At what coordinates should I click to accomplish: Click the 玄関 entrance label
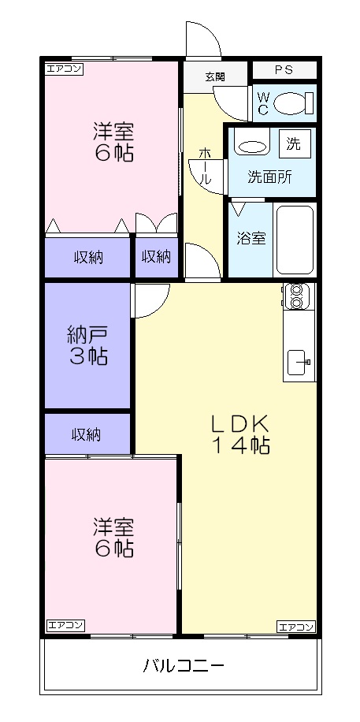[x=214, y=76]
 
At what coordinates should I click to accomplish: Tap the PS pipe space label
[x=283, y=70]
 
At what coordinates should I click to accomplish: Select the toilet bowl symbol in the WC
[x=296, y=102]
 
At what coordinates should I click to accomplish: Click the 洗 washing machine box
[x=293, y=144]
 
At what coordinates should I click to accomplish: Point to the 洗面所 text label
[x=269, y=177]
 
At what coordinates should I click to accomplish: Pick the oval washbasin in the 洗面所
[x=251, y=146]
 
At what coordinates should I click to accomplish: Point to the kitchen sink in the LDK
[x=298, y=362]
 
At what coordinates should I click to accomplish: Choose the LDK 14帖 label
[x=239, y=434]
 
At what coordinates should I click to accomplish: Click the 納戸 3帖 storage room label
[x=87, y=345]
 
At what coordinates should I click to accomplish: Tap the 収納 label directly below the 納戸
[x=87, y=434]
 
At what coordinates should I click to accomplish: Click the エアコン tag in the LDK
[x=295, y=627]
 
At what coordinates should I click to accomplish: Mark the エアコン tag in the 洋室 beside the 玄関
[x=64, y=69]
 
